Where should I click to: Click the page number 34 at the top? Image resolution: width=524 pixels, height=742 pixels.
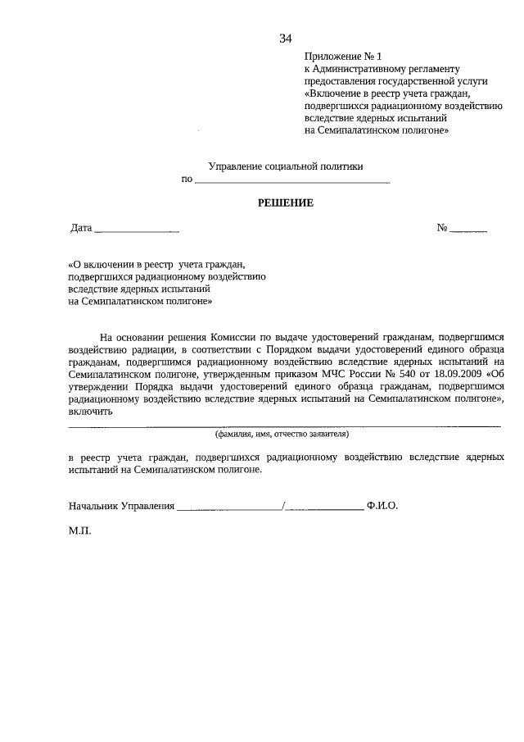[x=286, y=38]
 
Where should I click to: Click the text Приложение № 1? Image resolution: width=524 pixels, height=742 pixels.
[x=343, y=57]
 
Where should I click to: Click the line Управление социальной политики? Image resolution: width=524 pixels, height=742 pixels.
[x=286, y=166]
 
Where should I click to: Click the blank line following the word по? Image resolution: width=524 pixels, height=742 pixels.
[x=292, y=180]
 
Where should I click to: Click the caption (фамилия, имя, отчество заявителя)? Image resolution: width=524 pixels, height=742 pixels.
[x=282, y=433]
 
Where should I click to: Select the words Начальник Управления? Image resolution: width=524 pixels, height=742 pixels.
[x=121, y=507]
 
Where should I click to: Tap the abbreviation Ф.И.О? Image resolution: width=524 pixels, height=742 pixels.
[x=382, y=507]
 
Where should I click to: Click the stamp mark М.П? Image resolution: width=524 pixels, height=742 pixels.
[x=80, y=531]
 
